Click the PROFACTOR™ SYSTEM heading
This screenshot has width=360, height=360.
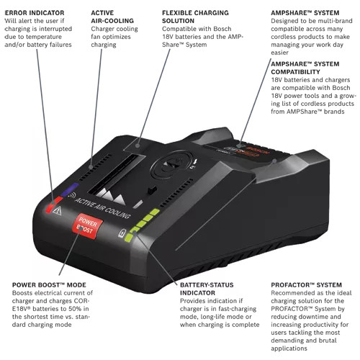[x=302, y=285]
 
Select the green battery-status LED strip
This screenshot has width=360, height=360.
[x=143, y=222]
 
